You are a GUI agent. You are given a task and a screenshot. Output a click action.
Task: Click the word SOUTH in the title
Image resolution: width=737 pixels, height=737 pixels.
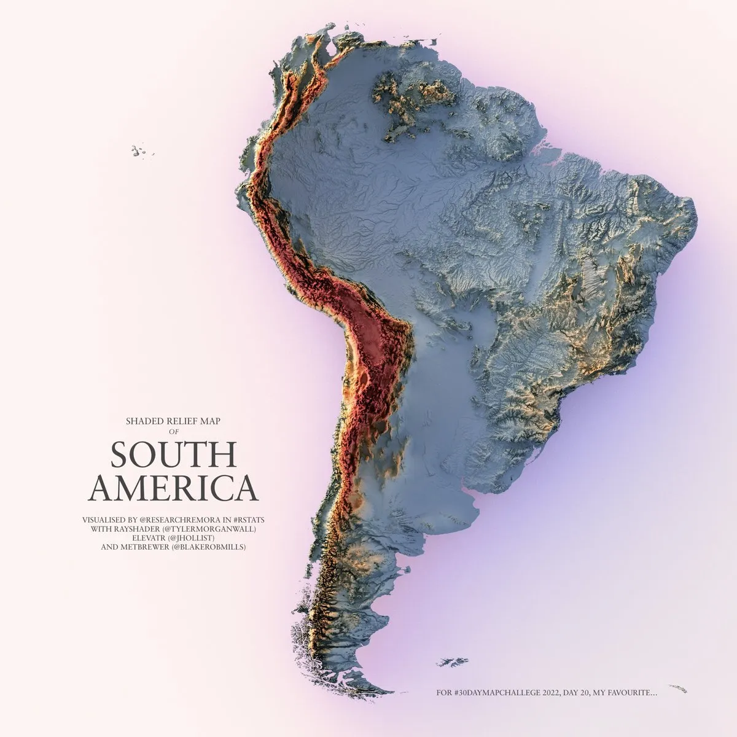173,455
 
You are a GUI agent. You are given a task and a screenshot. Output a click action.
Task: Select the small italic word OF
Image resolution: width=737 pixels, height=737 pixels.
173,431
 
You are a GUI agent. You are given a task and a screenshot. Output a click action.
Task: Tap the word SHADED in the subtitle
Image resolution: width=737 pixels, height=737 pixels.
145,421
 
